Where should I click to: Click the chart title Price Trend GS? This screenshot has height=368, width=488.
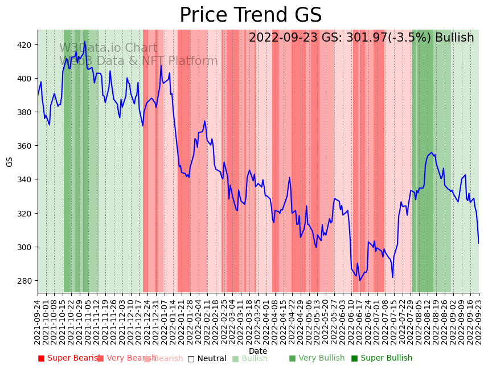click(251, 15)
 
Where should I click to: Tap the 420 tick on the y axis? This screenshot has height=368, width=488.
click(26, 45)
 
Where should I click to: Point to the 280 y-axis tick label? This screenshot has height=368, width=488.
click(26, 281)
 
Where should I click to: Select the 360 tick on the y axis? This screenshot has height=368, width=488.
click(26, 146)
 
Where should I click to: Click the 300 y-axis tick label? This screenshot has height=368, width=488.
click(26, 247)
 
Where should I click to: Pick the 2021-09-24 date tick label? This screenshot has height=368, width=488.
click(38, 322)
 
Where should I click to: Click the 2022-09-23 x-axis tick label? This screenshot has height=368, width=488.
click(479, 322)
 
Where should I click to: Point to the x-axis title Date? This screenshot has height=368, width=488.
click(258, 351)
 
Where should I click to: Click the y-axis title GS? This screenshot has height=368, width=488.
click(9, 162)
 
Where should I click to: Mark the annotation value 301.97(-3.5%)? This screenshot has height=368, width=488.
click(387, 38)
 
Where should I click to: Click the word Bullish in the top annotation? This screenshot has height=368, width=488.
click(454, 38)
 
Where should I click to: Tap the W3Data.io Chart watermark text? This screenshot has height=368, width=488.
click(108, 48)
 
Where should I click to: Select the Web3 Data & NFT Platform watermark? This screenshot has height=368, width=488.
click(138, 61)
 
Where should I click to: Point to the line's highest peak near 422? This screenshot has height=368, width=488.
click(85, 41)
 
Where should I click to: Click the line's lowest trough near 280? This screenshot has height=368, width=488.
click(360, 280)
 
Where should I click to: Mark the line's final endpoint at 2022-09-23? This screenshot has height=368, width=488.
click(478, 243)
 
